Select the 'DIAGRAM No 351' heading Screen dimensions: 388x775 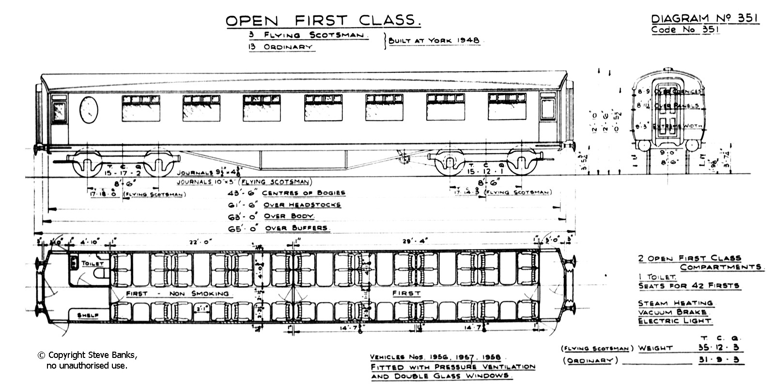[x=705, y=19]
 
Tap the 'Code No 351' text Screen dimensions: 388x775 [x=684, y=30]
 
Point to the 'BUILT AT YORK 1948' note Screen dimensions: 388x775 [x=434, y=41]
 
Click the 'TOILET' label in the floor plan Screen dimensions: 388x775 [x=93, y=263]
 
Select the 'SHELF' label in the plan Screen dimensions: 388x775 [x=88, y=315]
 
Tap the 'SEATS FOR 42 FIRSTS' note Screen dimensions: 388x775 [x=689, y=286]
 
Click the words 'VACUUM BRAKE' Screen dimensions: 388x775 [x=672, y=312]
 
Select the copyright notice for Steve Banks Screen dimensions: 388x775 [x=87, y=360]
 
